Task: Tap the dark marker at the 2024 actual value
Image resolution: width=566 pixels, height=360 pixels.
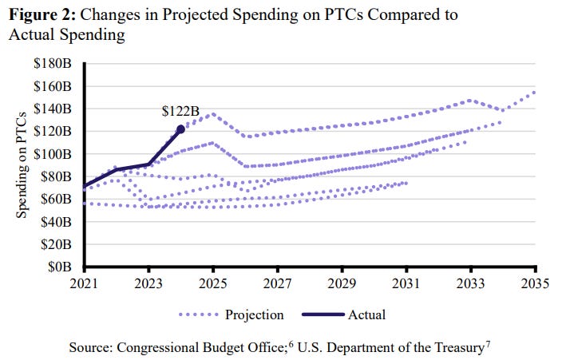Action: [180, 129]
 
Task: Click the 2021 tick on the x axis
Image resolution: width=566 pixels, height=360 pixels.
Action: [85, 283]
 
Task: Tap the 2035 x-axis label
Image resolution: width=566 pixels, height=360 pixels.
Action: [535, 283]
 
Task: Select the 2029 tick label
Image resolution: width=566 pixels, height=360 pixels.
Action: [342, 283]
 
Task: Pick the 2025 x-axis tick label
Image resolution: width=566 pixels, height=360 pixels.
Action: [213, 283]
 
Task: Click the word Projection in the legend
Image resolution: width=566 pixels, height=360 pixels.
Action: [255, 315]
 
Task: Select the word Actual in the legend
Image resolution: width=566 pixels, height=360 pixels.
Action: [366, 315]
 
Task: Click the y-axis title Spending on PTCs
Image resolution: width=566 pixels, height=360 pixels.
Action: [24, 164]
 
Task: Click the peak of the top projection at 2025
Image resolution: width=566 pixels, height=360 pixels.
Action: [213, 113]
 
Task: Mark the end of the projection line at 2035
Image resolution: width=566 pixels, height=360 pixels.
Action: [534, 92]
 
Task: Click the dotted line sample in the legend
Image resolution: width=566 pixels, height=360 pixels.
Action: [196, 315]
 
